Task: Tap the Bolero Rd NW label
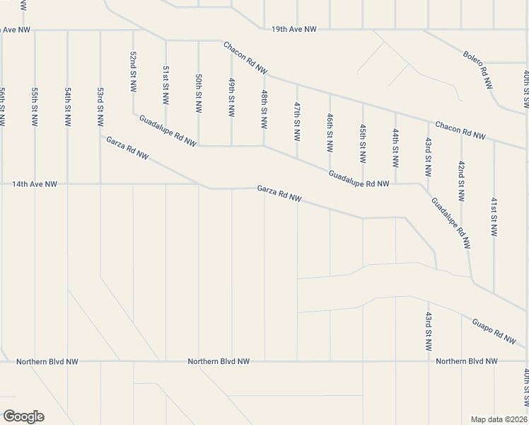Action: pyautogui.click(x=477, y=69)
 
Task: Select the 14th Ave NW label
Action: pyautogui.click(x=34, y=184)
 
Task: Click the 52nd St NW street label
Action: pyautogui.click(x=132, y=71)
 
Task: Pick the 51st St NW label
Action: pyautogui.click(x=165, y=86)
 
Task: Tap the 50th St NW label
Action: pyautogui.click(x=199, y=92)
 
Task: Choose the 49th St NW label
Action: pyautogui.click(x=231, y=98)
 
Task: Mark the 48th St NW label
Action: pyautogui.click(x=264, y=108)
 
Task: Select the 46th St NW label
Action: pyautogui.click(x=330, y=132)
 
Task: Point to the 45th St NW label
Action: pyautogui.click(x=362, y=142)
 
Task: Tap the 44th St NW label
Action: pyautogui.click(x=395, y=147)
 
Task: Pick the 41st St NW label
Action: pyautogui.click(x=494, y=215)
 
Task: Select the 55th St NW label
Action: pyautogui.click(x=34, y=106)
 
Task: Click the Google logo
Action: pyautogui.click(x=23, y=416)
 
